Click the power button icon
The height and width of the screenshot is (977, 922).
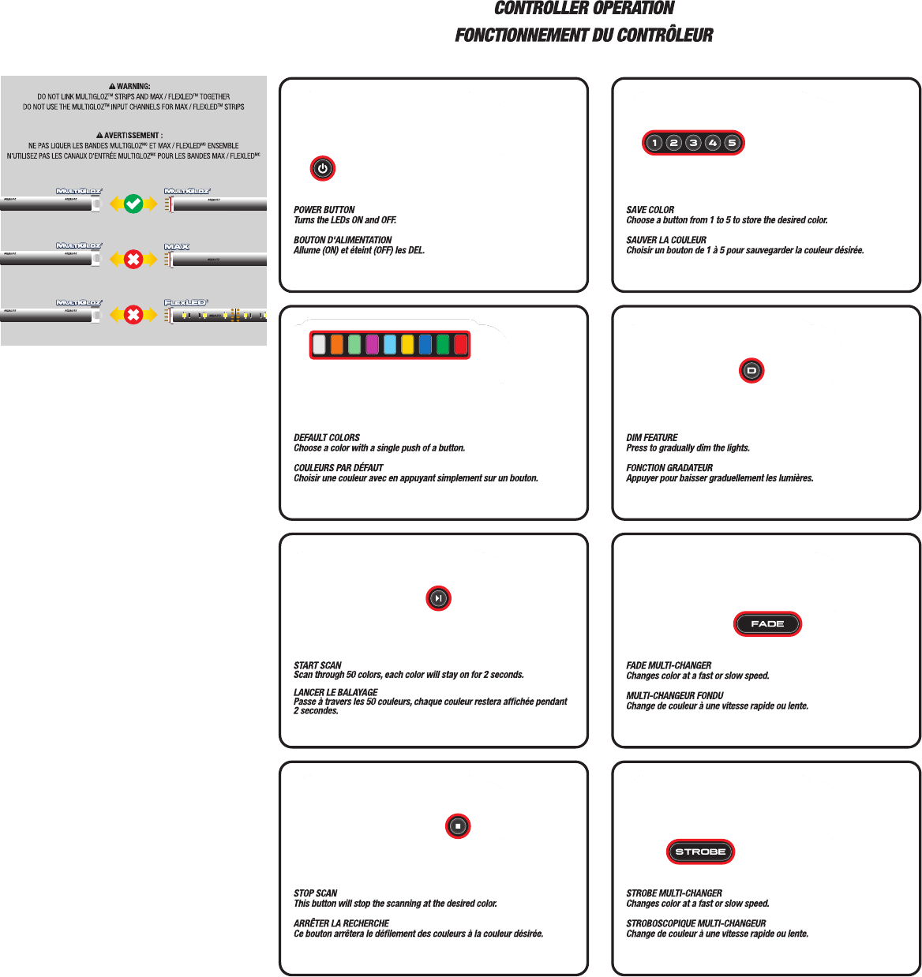(322, 168)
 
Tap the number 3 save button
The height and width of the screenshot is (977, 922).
(693, 143)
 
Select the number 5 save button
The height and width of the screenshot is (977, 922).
(732, 143)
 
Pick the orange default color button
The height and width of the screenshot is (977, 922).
(337, 345)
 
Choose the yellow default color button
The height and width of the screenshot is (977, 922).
(407, 345)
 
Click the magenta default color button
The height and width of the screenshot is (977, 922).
(372, 345)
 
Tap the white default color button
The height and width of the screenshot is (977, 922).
(319, 345)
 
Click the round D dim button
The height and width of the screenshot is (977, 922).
(751, 370)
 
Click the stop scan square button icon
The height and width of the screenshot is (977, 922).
(458, 826)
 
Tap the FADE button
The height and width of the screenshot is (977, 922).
(767, 624)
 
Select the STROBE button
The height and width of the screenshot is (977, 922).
(700, 852)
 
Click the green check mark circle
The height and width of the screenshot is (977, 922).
(133, 204)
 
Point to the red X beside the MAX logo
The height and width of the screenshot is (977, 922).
(133, 260)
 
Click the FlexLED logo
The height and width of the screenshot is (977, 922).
(186, 303)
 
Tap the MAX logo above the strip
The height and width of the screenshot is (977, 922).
(177, 247)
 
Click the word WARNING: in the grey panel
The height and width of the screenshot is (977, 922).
(133, 86)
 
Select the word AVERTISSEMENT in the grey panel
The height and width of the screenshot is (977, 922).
(133, 136)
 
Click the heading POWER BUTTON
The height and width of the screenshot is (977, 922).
(324, 210)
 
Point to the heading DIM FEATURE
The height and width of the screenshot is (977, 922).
(652, 438)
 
